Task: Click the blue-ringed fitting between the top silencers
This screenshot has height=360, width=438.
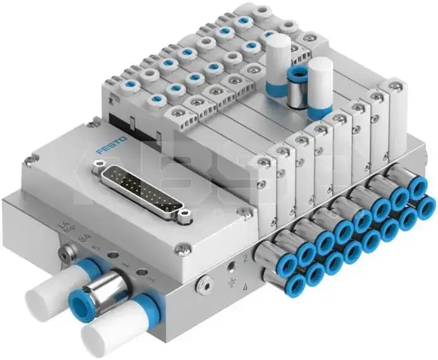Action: (296, 86)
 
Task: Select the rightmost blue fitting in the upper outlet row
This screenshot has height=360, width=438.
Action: (417, 188)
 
